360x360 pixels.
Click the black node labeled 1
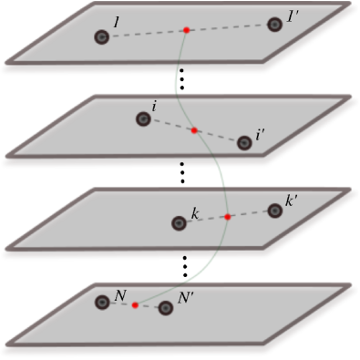pos(102,37)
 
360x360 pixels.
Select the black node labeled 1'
pos(275,25)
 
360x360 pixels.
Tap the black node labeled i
pos(143,118)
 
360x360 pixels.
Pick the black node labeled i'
pos(243,142)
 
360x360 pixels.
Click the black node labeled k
pos(180,222)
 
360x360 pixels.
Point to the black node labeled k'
pos(274,211)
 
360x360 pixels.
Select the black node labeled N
pos(103,301)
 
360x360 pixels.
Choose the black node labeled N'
pos(166,308)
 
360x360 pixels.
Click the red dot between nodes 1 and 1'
pos(186,31)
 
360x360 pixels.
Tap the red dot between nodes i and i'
pos(194,131)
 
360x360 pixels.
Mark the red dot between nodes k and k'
pos(228,217)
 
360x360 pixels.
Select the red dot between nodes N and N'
pos(135,304)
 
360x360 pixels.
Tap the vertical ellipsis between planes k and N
pos(184,266)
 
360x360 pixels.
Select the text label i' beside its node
pos(261,135)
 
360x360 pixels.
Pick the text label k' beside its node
pos(292,201)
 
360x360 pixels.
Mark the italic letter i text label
pos(155,107)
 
